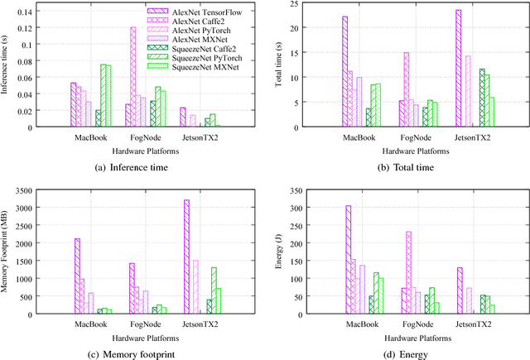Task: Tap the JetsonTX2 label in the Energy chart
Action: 469,324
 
